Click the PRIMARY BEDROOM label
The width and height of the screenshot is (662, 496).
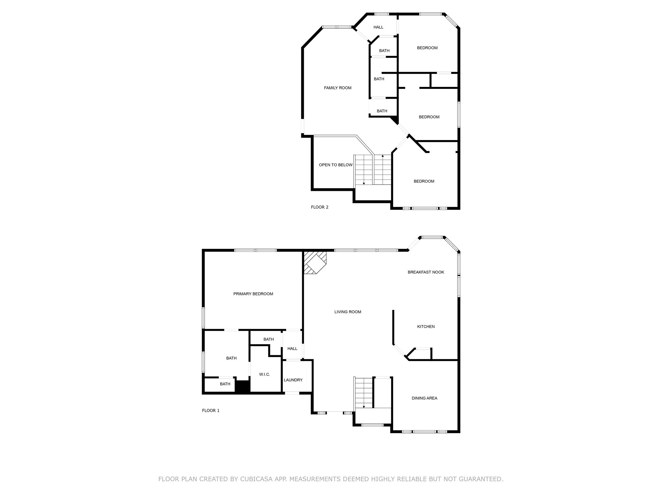253,294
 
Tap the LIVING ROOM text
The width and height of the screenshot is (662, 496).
347,312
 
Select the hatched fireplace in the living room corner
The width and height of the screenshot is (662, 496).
315,263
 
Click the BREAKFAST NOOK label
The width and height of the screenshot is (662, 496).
426,272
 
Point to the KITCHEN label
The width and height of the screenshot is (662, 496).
426,327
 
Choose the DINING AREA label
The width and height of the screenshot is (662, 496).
424,398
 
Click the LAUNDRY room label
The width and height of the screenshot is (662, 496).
293,380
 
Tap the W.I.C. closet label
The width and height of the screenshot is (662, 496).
264,375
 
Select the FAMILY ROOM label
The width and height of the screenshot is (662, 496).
337,88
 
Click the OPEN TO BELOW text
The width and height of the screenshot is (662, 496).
336,165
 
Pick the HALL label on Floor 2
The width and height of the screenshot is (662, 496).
378,27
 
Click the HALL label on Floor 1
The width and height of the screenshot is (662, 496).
292,349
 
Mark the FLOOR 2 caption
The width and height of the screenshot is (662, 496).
319,207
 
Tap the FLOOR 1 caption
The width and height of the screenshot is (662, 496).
211,411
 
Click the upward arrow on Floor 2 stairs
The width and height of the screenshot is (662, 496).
383,156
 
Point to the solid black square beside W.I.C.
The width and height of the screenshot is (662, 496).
242,387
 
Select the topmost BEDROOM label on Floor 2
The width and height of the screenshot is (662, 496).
427,48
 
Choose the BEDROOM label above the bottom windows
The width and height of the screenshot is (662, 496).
424,181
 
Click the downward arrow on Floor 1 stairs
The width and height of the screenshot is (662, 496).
364,407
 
